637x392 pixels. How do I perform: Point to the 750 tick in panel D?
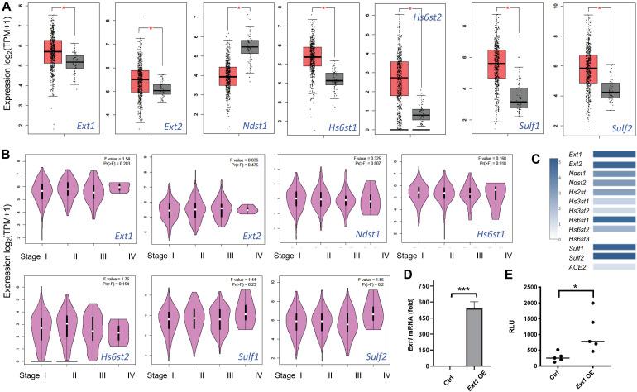[443, 287]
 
